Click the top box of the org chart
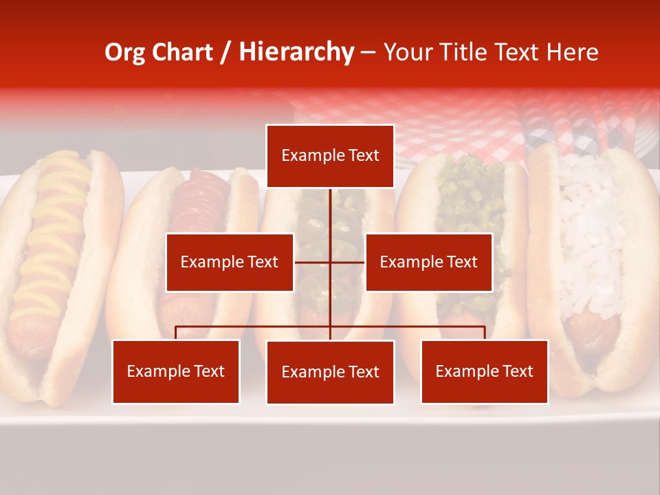pos(330,156)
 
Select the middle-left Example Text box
pos(230,262)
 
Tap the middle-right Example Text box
pos(428,262)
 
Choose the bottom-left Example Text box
pos(176,371)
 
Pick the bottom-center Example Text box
pos(330,372)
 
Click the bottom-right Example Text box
pos(484,371)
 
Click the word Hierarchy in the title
pos(296,52)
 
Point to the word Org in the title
pos(124,52)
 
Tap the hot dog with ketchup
pos(199,206)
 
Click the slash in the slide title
pos(226,52)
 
